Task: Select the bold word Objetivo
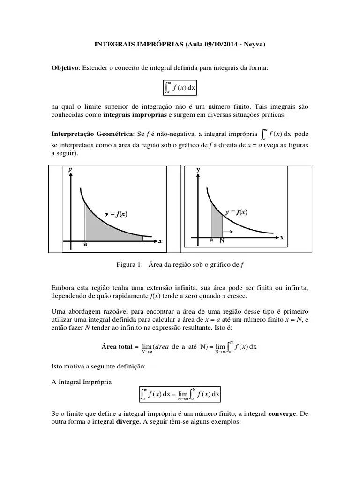(x=65, y=68)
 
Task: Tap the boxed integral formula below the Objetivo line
(x=180, y=87)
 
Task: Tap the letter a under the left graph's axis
(x=85, y=244)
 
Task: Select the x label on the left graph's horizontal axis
(x=160, y=241)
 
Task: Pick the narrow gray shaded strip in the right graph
(x=216, y=222)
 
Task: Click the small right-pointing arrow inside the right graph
(x=228, y=232)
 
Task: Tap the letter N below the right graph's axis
(x=222, y=240)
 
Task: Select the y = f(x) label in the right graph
(x=236, y=212)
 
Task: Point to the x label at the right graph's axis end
(x=282, y=237)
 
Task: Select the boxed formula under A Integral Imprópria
(x=180, y=394)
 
